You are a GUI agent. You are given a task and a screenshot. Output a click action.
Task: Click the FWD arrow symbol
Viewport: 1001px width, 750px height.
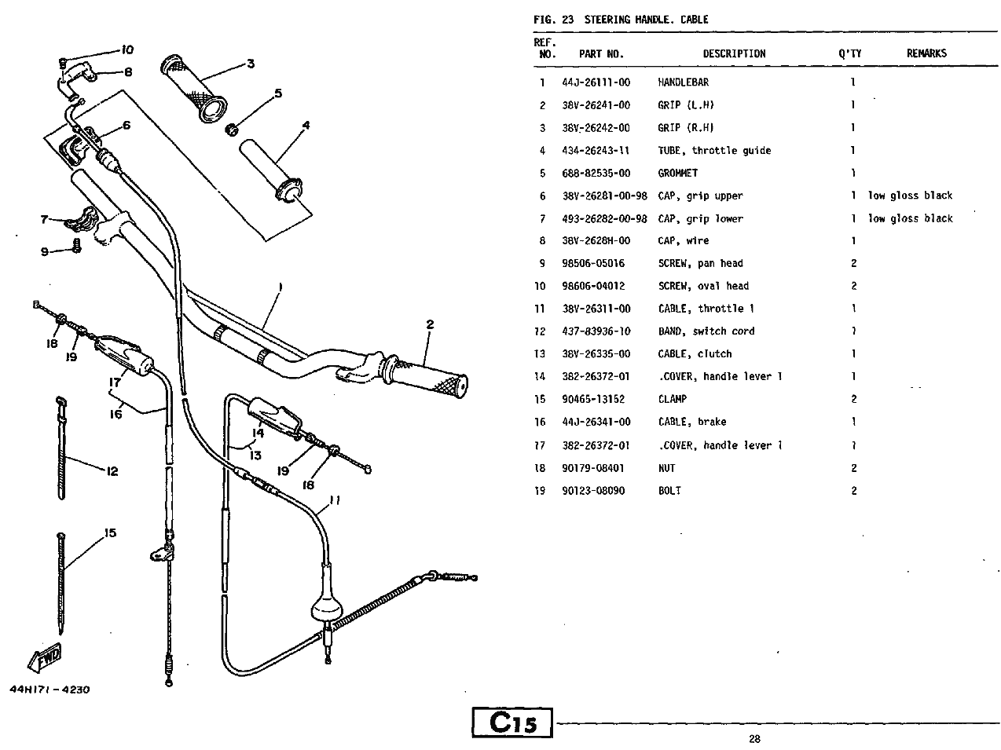(x=44, y=657)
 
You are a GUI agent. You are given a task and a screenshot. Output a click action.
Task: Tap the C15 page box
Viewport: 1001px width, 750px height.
(x=512, y=722)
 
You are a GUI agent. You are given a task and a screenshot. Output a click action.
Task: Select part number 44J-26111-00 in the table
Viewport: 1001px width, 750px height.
(x=596, y=82)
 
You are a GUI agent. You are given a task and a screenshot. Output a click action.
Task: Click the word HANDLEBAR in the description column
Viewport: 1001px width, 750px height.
(x=683, y=82)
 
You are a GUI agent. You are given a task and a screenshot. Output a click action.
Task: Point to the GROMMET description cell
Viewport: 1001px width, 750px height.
(x=677, y=173)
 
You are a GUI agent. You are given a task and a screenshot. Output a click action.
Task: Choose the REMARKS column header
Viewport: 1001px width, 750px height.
(x=926, y=53)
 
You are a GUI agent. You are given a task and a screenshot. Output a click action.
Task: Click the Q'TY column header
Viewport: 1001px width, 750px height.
(x=849, y=53)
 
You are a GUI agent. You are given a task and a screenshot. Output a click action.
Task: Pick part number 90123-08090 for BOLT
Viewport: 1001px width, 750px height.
(x=593, y=491)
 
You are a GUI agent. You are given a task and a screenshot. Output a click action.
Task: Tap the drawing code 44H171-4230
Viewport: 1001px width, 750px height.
(x=49, y=690)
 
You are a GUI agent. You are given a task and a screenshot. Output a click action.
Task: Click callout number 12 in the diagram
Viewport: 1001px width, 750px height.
(x=112, y=471)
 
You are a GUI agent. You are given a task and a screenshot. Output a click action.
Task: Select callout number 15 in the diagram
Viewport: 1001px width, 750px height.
(x=110, y=532)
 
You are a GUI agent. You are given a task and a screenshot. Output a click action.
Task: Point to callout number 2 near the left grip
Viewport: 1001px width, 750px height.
(x=430, y=324)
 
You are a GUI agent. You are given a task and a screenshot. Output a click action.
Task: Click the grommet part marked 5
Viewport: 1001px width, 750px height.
(x=232, y=130)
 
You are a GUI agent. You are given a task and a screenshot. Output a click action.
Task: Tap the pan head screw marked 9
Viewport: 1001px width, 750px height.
(x=77, y=245)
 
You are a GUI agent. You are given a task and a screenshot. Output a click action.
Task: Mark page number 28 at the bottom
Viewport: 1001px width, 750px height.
(x=755, y=738)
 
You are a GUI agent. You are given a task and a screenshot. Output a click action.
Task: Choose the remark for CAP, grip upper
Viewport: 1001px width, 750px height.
(x=910, y=196)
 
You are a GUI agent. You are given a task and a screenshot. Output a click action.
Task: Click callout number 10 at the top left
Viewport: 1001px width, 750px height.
(x=127, y=49)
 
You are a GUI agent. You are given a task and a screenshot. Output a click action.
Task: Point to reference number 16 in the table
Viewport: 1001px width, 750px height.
(x=540, y=422)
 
